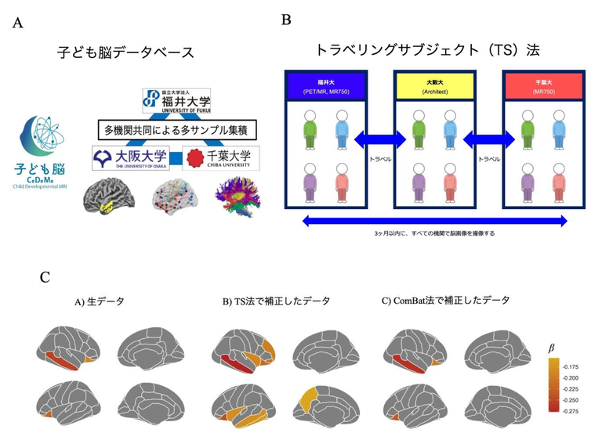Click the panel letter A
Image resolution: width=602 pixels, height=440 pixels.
click(17, 23)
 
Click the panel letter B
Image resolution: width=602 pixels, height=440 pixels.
click(287, 20)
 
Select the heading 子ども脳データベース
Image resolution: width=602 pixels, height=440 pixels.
click(125, 53)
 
